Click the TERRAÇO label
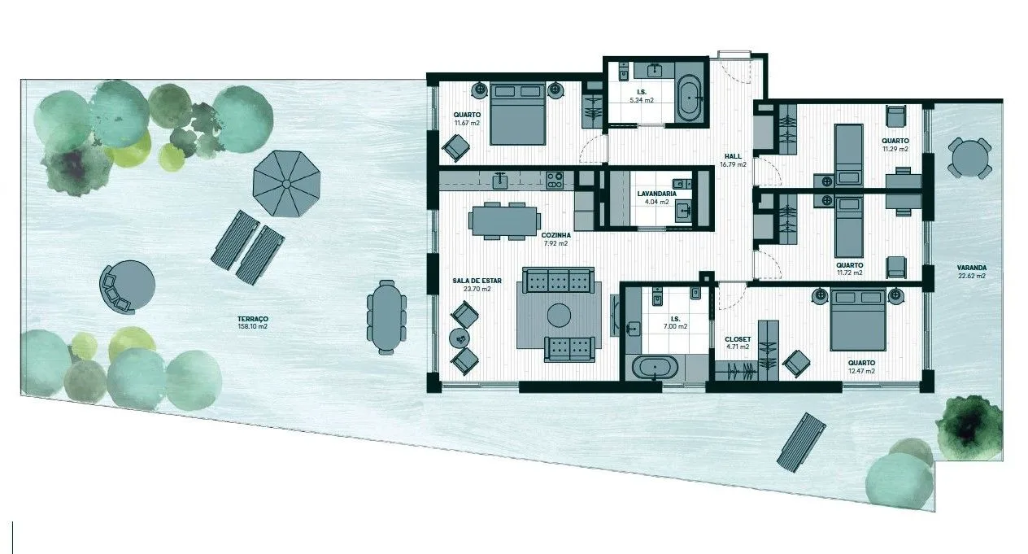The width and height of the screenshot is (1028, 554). point(252,319)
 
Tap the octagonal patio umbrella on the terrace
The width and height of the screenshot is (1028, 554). point(286,184)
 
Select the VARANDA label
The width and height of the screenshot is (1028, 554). point(972,268)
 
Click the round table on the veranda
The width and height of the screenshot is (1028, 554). point(969,159)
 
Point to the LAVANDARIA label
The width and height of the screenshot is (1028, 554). point(656,194)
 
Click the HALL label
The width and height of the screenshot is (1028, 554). point(733,156)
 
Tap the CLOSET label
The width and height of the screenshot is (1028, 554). point(738,340)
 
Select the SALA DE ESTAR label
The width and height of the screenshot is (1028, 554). point(477,281)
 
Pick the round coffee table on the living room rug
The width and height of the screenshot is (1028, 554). point(559,316)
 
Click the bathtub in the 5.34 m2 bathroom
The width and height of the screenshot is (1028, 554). point(690,98)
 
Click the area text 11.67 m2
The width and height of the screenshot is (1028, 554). point(467,123)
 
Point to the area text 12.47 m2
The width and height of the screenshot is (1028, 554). point(861,371)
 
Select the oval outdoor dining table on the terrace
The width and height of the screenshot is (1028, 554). point(386,317)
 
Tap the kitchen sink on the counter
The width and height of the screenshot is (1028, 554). point(500,181)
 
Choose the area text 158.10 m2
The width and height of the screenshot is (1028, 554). point(252,327)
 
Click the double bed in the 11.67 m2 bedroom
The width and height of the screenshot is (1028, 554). point(518,113)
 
